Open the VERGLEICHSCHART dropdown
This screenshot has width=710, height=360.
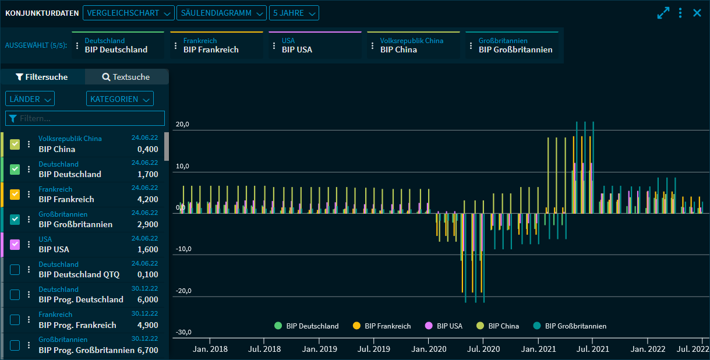tap(128, 13)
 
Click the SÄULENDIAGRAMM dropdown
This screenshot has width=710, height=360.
tap(221, 13)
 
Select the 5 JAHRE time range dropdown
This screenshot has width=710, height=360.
tap(295, 13)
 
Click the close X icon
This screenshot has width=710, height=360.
tap(697, 13)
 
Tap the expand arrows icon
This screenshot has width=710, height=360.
tap(663, 13)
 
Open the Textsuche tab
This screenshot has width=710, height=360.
tap(126, 77)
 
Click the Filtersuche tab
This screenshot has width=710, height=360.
tap(42, 77)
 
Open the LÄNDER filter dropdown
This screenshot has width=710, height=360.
tap(30, 99)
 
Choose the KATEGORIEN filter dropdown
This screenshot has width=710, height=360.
tap(119, 99)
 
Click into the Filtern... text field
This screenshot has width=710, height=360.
tap(87, 118)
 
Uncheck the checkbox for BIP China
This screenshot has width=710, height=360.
tap(15, 144)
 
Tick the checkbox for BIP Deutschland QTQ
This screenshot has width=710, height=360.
tap(15, 269)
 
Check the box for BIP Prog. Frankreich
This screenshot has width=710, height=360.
tap(15, 319)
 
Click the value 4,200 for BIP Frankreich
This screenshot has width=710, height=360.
tap(147, 199)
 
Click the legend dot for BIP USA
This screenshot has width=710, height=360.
tap(429, 326)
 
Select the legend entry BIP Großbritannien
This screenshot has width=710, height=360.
tap(575, 326)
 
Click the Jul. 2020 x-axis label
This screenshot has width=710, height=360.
tap(483, 350)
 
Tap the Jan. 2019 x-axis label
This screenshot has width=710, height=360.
tap(320, 350)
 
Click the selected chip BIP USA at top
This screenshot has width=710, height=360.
tap(297, 50)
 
